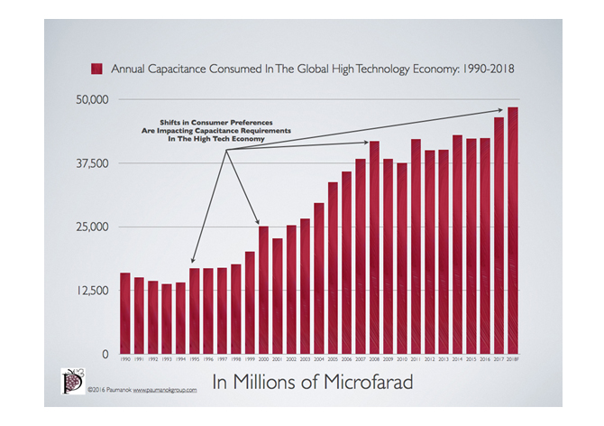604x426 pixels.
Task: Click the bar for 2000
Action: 263,290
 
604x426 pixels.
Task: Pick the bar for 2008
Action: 374,247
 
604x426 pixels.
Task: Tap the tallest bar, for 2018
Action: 512,230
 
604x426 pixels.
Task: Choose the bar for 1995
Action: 194,310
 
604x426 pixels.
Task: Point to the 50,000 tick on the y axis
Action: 90,98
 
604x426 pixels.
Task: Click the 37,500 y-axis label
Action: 90,162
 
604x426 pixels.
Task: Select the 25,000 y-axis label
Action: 90,227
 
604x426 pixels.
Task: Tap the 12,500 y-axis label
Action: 90,291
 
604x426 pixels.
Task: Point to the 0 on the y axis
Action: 105,355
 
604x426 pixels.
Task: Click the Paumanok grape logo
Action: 72,380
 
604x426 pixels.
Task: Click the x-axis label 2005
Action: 333,360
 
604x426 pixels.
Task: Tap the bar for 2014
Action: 457,245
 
